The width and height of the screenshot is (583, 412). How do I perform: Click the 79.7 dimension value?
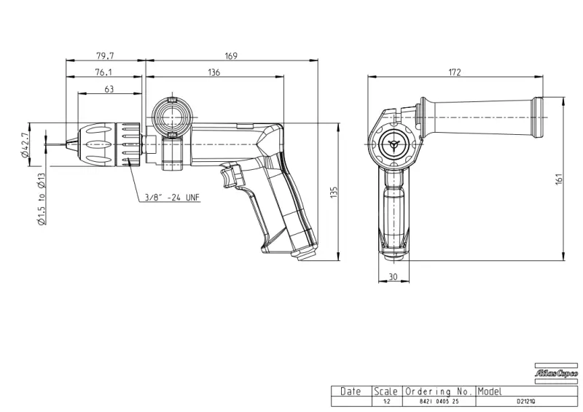click(105, 55)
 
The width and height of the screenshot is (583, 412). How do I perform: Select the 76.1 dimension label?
click(103, 72)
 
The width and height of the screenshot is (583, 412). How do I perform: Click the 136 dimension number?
click(214, 72)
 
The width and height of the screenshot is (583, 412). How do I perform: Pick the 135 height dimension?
click(334, 191)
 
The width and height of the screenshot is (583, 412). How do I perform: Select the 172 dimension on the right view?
click(455, 72)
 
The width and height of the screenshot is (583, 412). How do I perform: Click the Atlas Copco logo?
click(556, 373)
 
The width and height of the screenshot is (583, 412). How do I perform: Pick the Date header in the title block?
click(351, 392)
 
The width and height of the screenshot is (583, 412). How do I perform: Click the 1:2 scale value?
click(386, 402)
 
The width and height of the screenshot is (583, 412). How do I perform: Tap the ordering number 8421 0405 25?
click(438, 402)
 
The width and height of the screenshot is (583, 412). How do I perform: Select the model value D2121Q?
click(526, 402)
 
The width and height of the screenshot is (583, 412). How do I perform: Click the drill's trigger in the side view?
click(234, 176)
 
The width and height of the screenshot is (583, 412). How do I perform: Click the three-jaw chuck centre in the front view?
click(394, 144)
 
